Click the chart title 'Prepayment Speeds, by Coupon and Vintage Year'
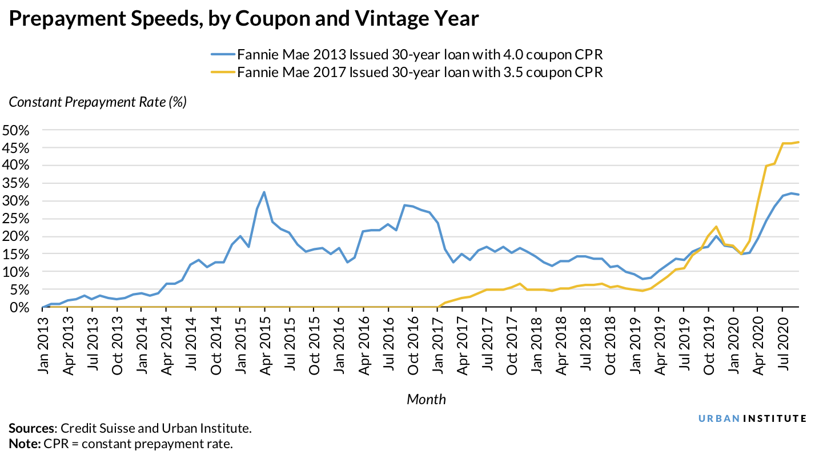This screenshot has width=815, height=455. tap(244, 19)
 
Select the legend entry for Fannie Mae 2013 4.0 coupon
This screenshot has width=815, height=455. tap(407, 55)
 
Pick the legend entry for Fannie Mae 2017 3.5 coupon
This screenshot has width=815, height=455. tap(407, 73)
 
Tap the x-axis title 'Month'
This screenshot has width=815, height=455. tap(426, 399)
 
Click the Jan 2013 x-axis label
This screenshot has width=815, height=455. tap(43, 343)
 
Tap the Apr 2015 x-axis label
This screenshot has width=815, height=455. tap(264, 343)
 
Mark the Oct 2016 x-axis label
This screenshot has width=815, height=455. tap(412, 343)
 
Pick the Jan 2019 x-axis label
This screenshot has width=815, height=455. tap(634, 343)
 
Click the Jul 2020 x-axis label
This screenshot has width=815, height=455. tap(782, 343)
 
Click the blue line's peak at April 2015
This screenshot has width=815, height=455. tap(264, 192)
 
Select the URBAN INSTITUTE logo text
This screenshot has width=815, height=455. tap(753, 418)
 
